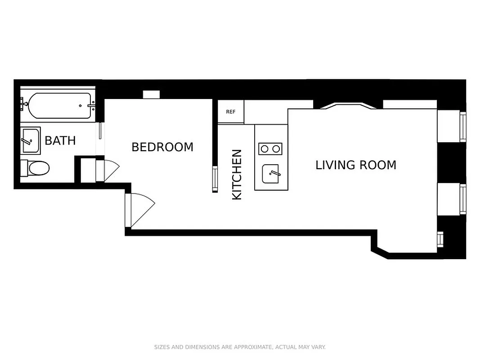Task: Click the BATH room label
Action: coord(60,140)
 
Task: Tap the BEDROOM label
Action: coord(162,147)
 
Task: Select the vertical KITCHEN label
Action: coord(237,175)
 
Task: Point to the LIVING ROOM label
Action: coord(355,165)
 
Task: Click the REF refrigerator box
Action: coord(231,112)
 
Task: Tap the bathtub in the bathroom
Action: coord(60,106)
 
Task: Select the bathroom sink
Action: coord(31,140)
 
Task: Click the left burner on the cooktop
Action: coord(264,148)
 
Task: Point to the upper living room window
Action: coord(462,127)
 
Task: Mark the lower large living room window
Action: coord(462,199)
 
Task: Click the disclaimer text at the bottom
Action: coord(240,347)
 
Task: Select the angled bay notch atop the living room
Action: coord(348,106)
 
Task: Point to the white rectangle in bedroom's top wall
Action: coord(151,94)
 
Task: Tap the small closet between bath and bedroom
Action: coord(88,170)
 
